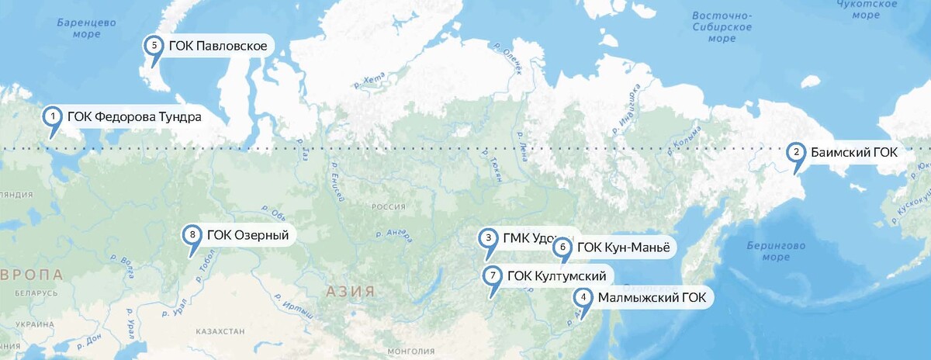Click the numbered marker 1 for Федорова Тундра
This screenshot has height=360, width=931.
click(x=52, y=116)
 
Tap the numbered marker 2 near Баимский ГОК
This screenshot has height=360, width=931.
click(x=796, y=152)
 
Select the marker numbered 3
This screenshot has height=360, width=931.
click(x=488, y=238)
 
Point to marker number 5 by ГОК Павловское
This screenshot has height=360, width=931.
click(x=154, y=46)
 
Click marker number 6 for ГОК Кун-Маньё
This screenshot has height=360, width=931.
click(x=563, y=248)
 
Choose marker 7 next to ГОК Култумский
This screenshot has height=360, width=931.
click(x=493, y=275)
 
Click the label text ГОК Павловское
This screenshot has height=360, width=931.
click(x=217, y=47)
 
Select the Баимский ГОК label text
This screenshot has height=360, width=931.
click(x=854, y=153)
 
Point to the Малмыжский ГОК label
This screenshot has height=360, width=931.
click(x=651, y=297)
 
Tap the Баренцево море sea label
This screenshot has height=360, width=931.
click(x=85, y=28)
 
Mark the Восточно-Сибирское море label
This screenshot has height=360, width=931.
click(x=722, y=27)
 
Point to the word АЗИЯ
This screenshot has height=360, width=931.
click(x=351, y=292)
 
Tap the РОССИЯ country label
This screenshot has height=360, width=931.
click(x=389, y=207)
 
